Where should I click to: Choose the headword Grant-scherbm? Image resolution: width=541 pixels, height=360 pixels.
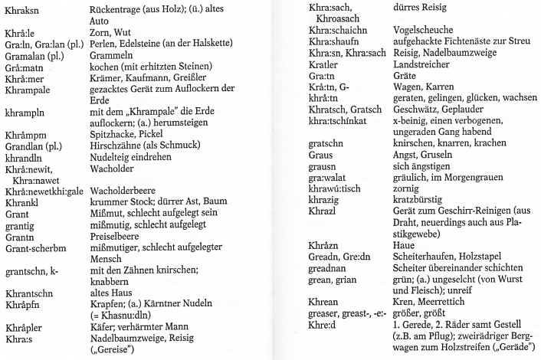tap(33, 273)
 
